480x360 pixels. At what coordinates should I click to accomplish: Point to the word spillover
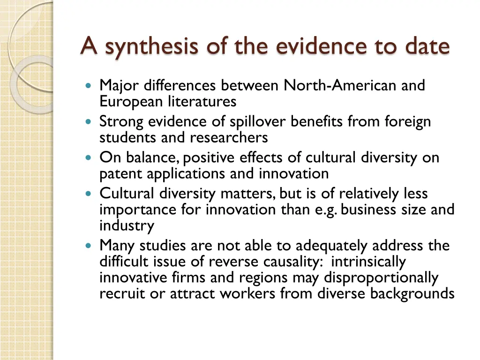coord(258,122)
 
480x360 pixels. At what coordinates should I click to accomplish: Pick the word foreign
coord(407,122)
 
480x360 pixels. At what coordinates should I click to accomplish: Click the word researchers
coord(229,137)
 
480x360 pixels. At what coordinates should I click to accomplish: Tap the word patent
coord(121,174)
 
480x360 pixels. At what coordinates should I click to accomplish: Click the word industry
coord(127,225)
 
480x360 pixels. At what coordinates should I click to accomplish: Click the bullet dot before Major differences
coord(90,86)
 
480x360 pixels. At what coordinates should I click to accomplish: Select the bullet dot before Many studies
coord(90,246)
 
